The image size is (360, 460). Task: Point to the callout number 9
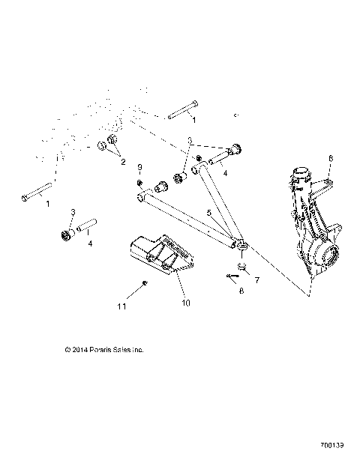click(139, 166)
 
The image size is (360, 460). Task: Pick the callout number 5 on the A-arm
click(209, 213)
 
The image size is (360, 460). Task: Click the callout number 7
click(257, 280)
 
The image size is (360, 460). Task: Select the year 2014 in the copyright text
click(78, 349)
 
